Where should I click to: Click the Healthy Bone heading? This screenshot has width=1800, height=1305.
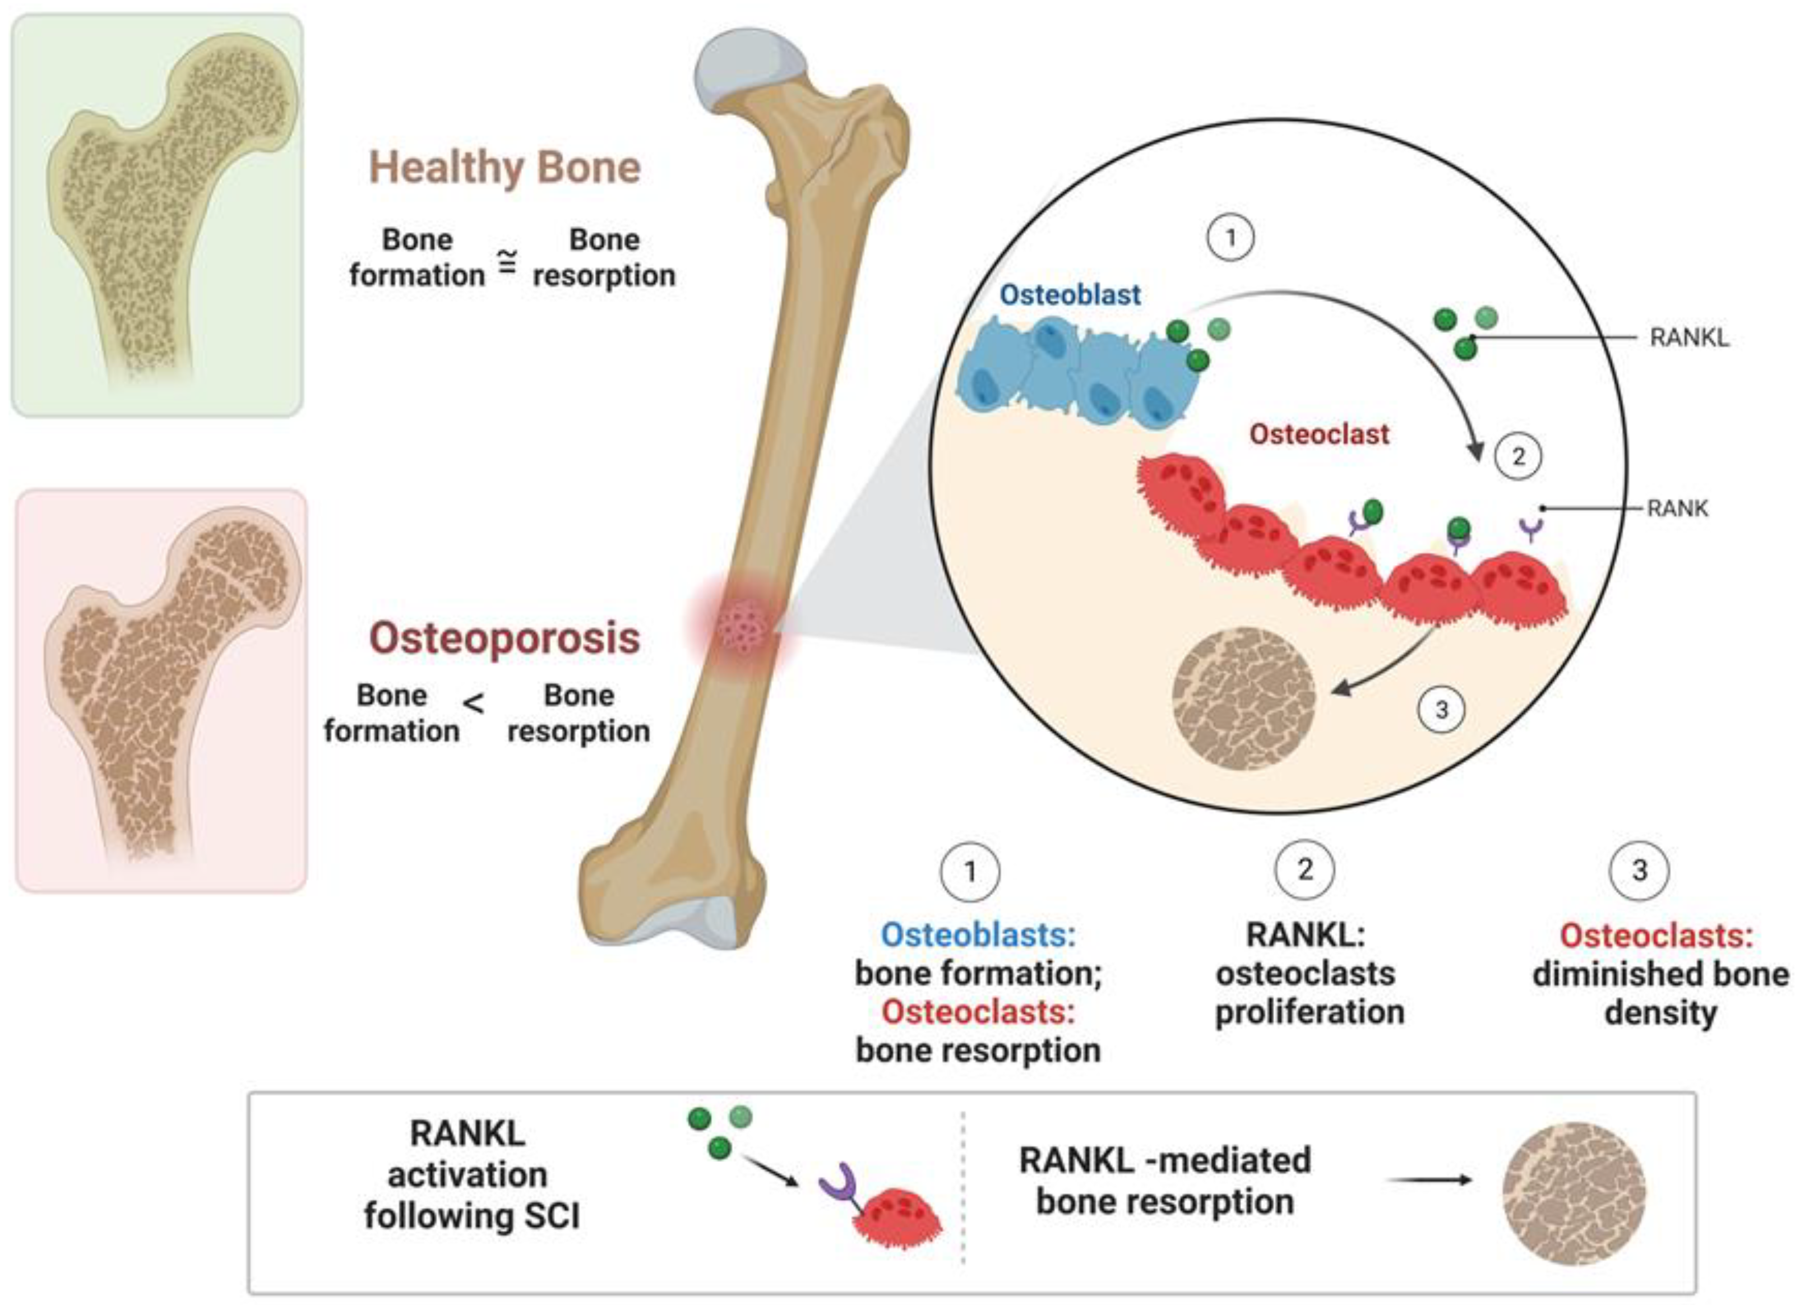point(505,168)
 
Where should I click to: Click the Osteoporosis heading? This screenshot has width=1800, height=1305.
point(505,638)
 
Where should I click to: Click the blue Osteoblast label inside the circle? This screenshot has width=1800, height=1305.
point(1069,294)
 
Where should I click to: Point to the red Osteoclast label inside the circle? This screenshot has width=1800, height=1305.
point(1319,434)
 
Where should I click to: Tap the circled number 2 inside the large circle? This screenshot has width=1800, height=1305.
point(1518,456)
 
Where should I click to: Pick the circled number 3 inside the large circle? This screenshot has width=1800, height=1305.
point(1441,709)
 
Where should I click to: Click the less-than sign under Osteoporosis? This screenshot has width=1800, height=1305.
point(474,704)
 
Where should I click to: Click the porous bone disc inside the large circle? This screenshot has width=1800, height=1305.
point(1244,698)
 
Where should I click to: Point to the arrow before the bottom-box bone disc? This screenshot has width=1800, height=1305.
point(1428,1181)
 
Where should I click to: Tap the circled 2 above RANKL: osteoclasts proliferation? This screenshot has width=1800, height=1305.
point(1305,871)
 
